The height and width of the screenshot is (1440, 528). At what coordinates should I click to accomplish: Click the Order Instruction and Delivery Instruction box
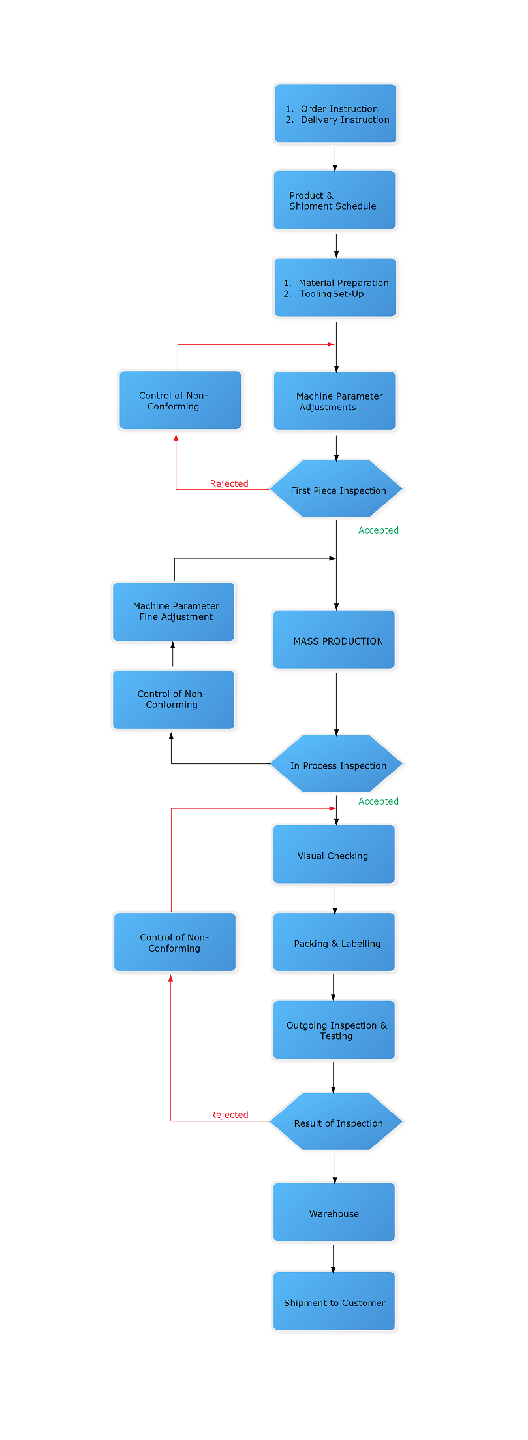(x=335, y=114)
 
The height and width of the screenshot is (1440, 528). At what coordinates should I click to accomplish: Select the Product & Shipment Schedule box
(x=334, y=200)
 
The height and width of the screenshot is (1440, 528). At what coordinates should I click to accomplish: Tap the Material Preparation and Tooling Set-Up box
(x=335, y=288)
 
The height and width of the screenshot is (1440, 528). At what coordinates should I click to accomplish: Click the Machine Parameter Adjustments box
(x=334, y=401)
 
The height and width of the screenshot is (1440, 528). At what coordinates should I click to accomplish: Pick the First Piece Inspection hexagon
(x=336, y=490)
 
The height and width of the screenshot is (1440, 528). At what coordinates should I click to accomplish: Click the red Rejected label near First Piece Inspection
(x=229, y=483)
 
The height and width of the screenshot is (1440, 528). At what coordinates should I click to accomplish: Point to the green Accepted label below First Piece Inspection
(x=378, y=530)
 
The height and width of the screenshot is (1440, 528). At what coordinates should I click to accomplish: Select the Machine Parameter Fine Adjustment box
(x=174, y=611)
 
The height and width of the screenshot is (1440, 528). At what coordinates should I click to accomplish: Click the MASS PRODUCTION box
(x=334, y=640)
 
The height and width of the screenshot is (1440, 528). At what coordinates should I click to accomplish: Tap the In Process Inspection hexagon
(x=336, y=765)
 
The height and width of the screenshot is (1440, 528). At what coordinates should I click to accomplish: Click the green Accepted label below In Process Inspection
(x=378, y=801)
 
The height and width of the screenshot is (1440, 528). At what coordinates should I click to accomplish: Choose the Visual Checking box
(x=334, y=855)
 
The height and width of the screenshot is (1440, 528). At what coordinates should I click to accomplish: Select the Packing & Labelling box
(x=334, y=942)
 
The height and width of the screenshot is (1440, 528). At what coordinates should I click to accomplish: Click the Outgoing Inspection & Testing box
(x=334, y=1030)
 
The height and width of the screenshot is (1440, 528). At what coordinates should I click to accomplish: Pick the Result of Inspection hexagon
(x=336, y=1122)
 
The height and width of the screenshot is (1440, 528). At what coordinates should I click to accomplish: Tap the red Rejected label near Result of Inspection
(x=229, y=1115)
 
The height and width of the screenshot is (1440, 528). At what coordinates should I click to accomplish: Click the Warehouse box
(x=334, y=1212)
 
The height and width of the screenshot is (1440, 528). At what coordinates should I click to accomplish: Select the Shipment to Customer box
(x=334, y=1302)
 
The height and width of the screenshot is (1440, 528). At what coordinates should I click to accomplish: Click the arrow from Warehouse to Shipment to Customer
(x=333, y=1258)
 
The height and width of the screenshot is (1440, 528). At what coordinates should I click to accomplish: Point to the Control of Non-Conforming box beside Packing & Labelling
(x=174, y=942)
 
